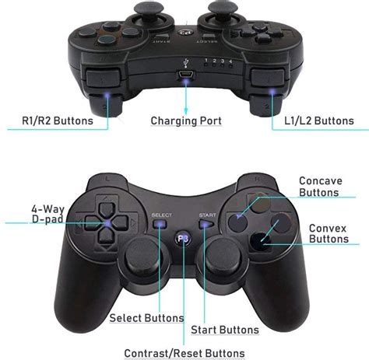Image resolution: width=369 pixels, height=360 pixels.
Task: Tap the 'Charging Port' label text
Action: coord(186,121)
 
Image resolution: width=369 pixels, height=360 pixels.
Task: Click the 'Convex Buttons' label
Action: coord(328,234)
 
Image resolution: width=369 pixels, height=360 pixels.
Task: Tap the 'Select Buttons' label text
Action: coord(146,318)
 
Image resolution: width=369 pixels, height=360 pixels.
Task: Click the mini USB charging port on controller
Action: coord(185,75)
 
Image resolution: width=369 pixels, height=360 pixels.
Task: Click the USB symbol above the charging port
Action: coord(185,62)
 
